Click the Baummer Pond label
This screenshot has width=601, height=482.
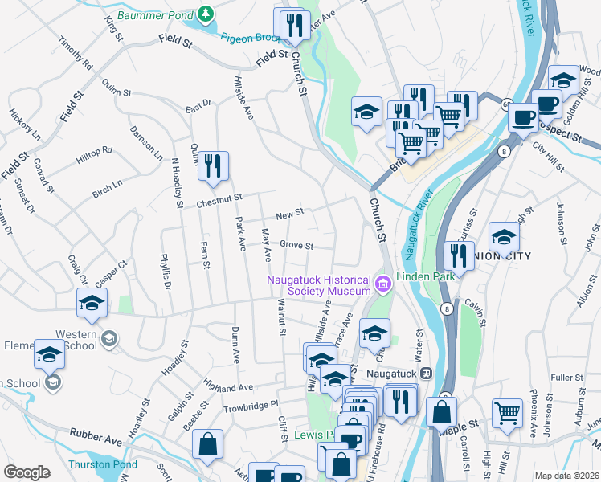(157, 14)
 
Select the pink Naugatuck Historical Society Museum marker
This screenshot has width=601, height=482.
(382, 282)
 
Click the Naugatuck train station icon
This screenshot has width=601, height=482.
(427, 373)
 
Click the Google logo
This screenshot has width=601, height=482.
(27, 472)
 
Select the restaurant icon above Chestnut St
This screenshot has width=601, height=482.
(213, 166)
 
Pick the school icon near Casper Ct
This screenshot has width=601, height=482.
(92, 304)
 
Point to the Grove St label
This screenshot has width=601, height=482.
(296, 245)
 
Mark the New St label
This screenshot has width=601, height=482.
(289, 214)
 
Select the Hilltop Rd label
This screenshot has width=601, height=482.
(94, 155)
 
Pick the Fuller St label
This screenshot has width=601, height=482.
(566, 377)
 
